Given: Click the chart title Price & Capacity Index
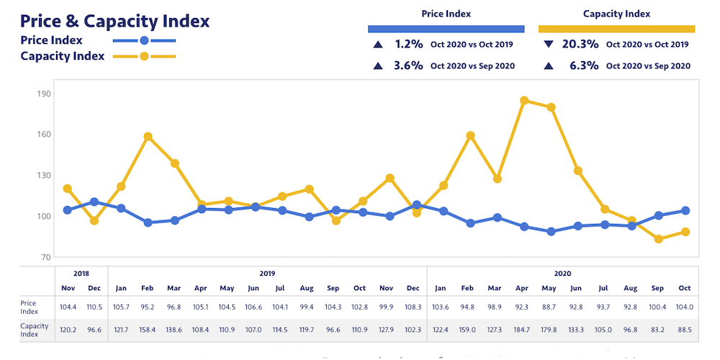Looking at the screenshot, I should click(x=115, y=21).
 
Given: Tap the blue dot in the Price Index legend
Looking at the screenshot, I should click(x=144, y=40).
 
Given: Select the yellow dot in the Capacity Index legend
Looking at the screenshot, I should click(x=144, y=56).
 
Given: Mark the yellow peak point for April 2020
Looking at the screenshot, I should click(x=524, y=101).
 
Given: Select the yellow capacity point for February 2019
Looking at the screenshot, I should click(x=148, y=136).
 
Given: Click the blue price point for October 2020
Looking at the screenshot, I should click(x=685, y=210).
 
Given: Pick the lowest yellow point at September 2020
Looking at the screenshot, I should click(x=658, y=239).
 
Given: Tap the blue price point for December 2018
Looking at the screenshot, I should click(x=94, y=202).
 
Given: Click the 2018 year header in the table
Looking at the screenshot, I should click(x=81, y=274).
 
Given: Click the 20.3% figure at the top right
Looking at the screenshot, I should click(x=580, y=44).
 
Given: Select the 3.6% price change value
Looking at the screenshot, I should click(x=408, y=66).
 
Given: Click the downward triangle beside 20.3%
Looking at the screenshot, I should click(x=549, y=44).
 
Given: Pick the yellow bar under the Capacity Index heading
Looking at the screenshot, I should click(x=616, y=30).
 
